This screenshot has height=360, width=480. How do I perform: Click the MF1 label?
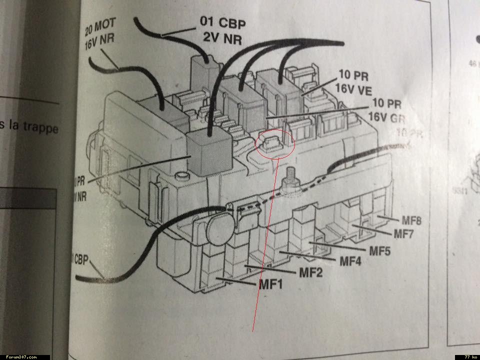[x=271, y=284]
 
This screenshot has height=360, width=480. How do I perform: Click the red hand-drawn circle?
[x=275, y=143]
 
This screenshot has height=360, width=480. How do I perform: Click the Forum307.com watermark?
[x=20, y=357]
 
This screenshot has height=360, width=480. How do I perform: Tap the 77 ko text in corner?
[x=469, y=357]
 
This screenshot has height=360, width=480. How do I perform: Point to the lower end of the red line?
[x=253, y=330]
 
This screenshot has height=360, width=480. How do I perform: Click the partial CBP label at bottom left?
[x=79, y=259]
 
